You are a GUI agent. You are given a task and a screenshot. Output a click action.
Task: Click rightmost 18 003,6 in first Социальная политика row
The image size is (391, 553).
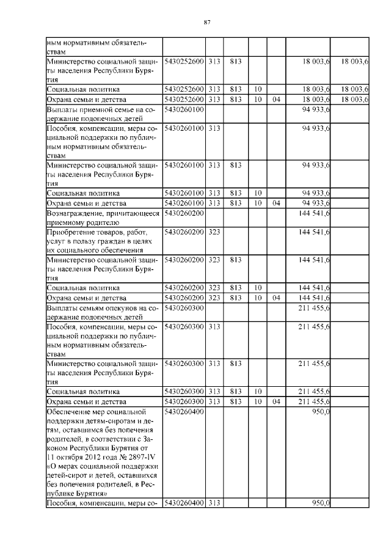[x=354, y=89]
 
